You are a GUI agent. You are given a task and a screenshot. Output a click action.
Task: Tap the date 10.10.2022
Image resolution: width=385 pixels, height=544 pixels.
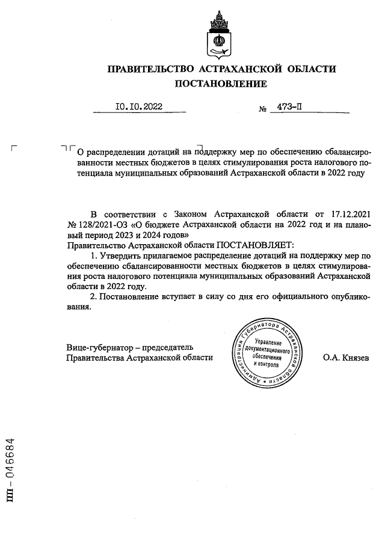point(139,108)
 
